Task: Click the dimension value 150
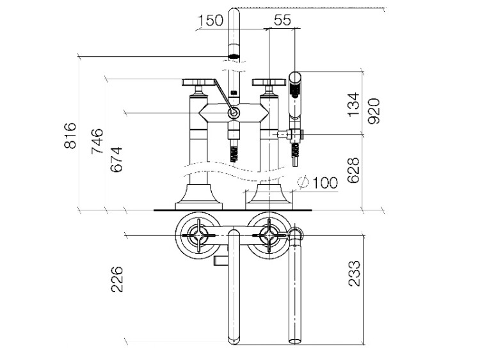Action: pos(210,20)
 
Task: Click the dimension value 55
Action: pos(282,20)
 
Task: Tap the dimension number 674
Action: pos(116,159)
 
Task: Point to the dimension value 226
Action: pos(117,280)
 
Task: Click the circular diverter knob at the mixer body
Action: pos(234,113)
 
